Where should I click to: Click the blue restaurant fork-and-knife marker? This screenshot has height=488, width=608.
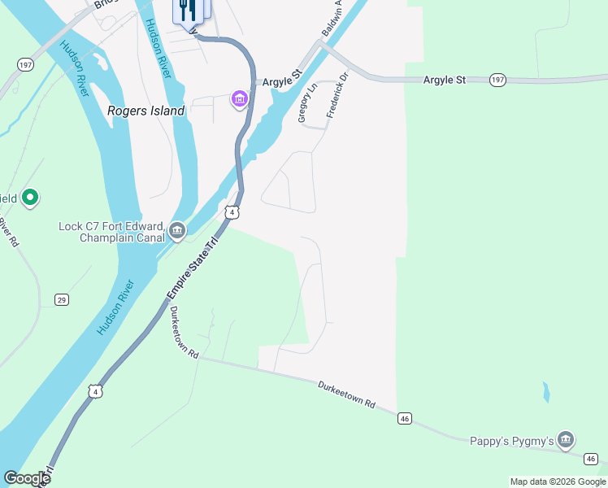click(x=191, y=11)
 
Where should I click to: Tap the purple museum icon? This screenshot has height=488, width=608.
click(x=240, y=99)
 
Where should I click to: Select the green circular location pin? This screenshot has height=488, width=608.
click(x=30, y=197)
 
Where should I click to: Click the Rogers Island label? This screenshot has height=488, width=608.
click(x=146, y=111)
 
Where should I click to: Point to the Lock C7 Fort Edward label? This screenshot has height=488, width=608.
click(x=111, y=232)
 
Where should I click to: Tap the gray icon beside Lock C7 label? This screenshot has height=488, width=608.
click(x=178, y=233)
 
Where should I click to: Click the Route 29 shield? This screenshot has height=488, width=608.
click(x=62, y=299)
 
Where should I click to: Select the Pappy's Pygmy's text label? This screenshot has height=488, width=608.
click(x=512, y=442)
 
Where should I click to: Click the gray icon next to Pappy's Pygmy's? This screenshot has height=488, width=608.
click(x=566, y=442)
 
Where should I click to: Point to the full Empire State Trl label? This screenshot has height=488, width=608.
click(x=194, y=268)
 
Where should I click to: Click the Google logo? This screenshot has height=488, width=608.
click(x=27, y=478)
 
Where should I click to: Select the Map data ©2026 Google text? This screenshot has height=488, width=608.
click(x=558, y=481)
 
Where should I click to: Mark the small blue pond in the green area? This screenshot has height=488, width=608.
click(x=545, y=392)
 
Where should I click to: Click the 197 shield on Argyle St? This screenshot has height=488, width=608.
click(x=498, y=80)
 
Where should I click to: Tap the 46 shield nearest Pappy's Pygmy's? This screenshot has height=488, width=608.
click(x=591, y=458)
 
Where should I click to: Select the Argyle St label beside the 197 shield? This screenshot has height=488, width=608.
click(x=444, y=80)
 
